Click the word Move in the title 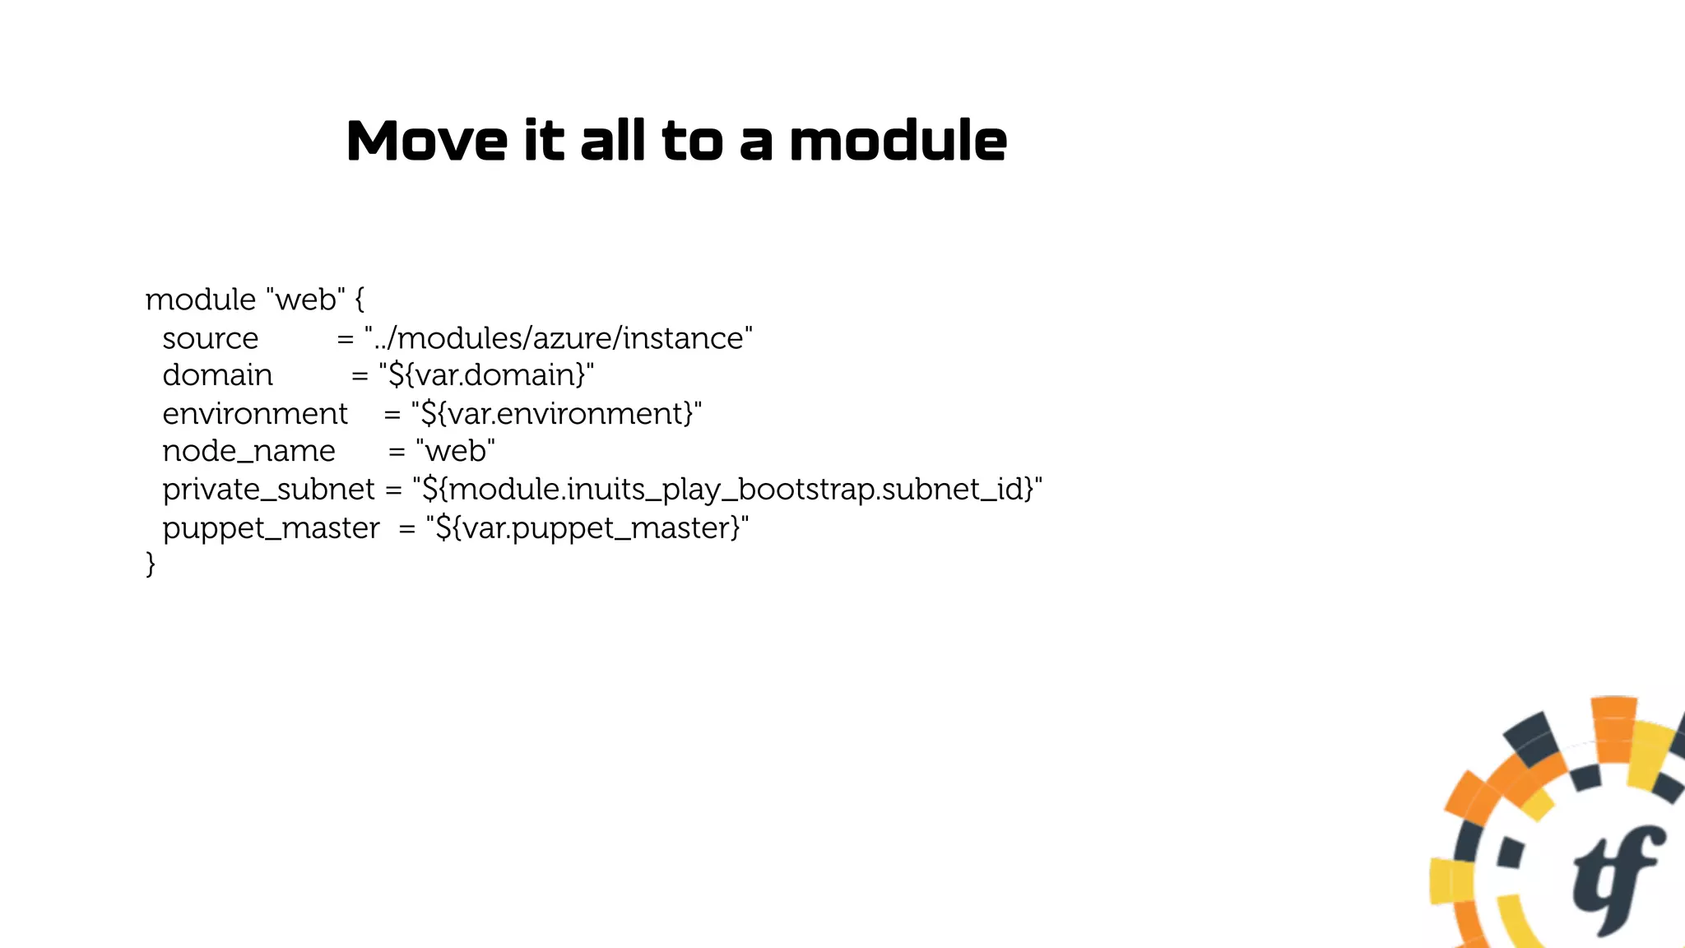[x=426, y=141]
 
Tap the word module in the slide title [x=898, y=141]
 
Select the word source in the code [x=210, y=338]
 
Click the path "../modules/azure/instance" [x=559, y=338]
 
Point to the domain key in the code [x=217, y=375]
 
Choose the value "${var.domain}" [x=486, y=375]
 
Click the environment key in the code [x=255, y=413]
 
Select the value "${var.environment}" [x=556, y=413]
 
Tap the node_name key [x=248, y=451]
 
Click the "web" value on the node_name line [x=456, y=451]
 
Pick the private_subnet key [x=268, y=489]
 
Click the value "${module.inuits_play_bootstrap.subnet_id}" [x=727, y=489]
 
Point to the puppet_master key [x=271, y=527]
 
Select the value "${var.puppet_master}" [x=587, y=527]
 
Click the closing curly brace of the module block [x=151, y=565]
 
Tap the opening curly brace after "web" [x=360, y=300]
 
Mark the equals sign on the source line [x=346, y=338]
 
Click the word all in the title [x=612, y=141]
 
